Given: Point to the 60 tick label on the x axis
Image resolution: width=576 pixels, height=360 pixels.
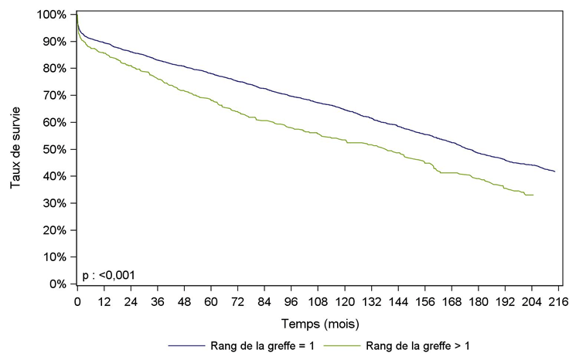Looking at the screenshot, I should point(211,302).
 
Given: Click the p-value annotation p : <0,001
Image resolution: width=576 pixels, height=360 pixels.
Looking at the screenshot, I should point(107,274).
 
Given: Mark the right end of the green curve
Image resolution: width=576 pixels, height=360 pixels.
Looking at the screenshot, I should point(534,195).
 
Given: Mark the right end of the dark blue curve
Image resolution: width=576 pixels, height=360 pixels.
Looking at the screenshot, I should point(554,171).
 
